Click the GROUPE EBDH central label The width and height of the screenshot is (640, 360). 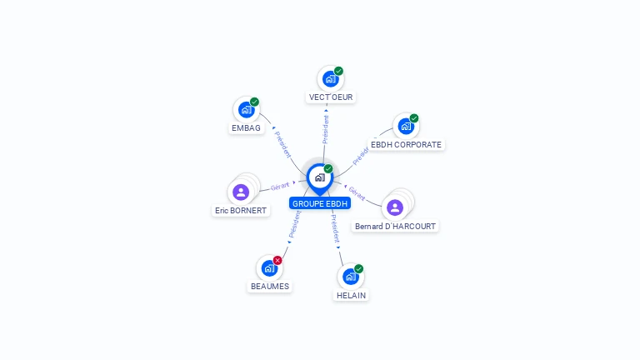[x=320, y=203]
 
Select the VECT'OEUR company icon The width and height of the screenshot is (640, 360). [x=330, y=79]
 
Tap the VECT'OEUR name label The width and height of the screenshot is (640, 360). [x=331, y=97]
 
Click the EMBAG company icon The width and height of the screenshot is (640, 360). [x=246, y=110]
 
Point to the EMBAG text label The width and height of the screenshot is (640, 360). [x=246, y=128]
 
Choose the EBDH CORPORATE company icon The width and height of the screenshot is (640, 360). [x=405, y=127]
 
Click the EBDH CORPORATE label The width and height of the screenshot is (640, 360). [x=406, y=144]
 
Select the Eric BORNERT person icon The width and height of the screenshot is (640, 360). [x=241, y=192]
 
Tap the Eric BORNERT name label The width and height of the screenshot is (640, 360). [x=241, y=211]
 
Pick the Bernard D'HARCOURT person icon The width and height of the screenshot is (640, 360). [x=395, y=207]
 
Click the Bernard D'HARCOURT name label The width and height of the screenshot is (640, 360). [x=395, y=226]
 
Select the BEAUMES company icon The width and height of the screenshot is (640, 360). [x=269, y=268]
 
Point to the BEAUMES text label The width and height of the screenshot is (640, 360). [x=270, y=287]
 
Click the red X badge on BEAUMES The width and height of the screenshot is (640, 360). [x=277, y=260]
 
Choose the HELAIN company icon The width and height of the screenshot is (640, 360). [x=350, y=277]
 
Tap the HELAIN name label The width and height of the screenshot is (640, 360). [x=351, y=295]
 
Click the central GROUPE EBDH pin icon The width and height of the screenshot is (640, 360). [x=319, y=177]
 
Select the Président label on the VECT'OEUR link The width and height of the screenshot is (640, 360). [x=326, y=130]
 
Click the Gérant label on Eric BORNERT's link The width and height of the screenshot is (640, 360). [x=280, y=187]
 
